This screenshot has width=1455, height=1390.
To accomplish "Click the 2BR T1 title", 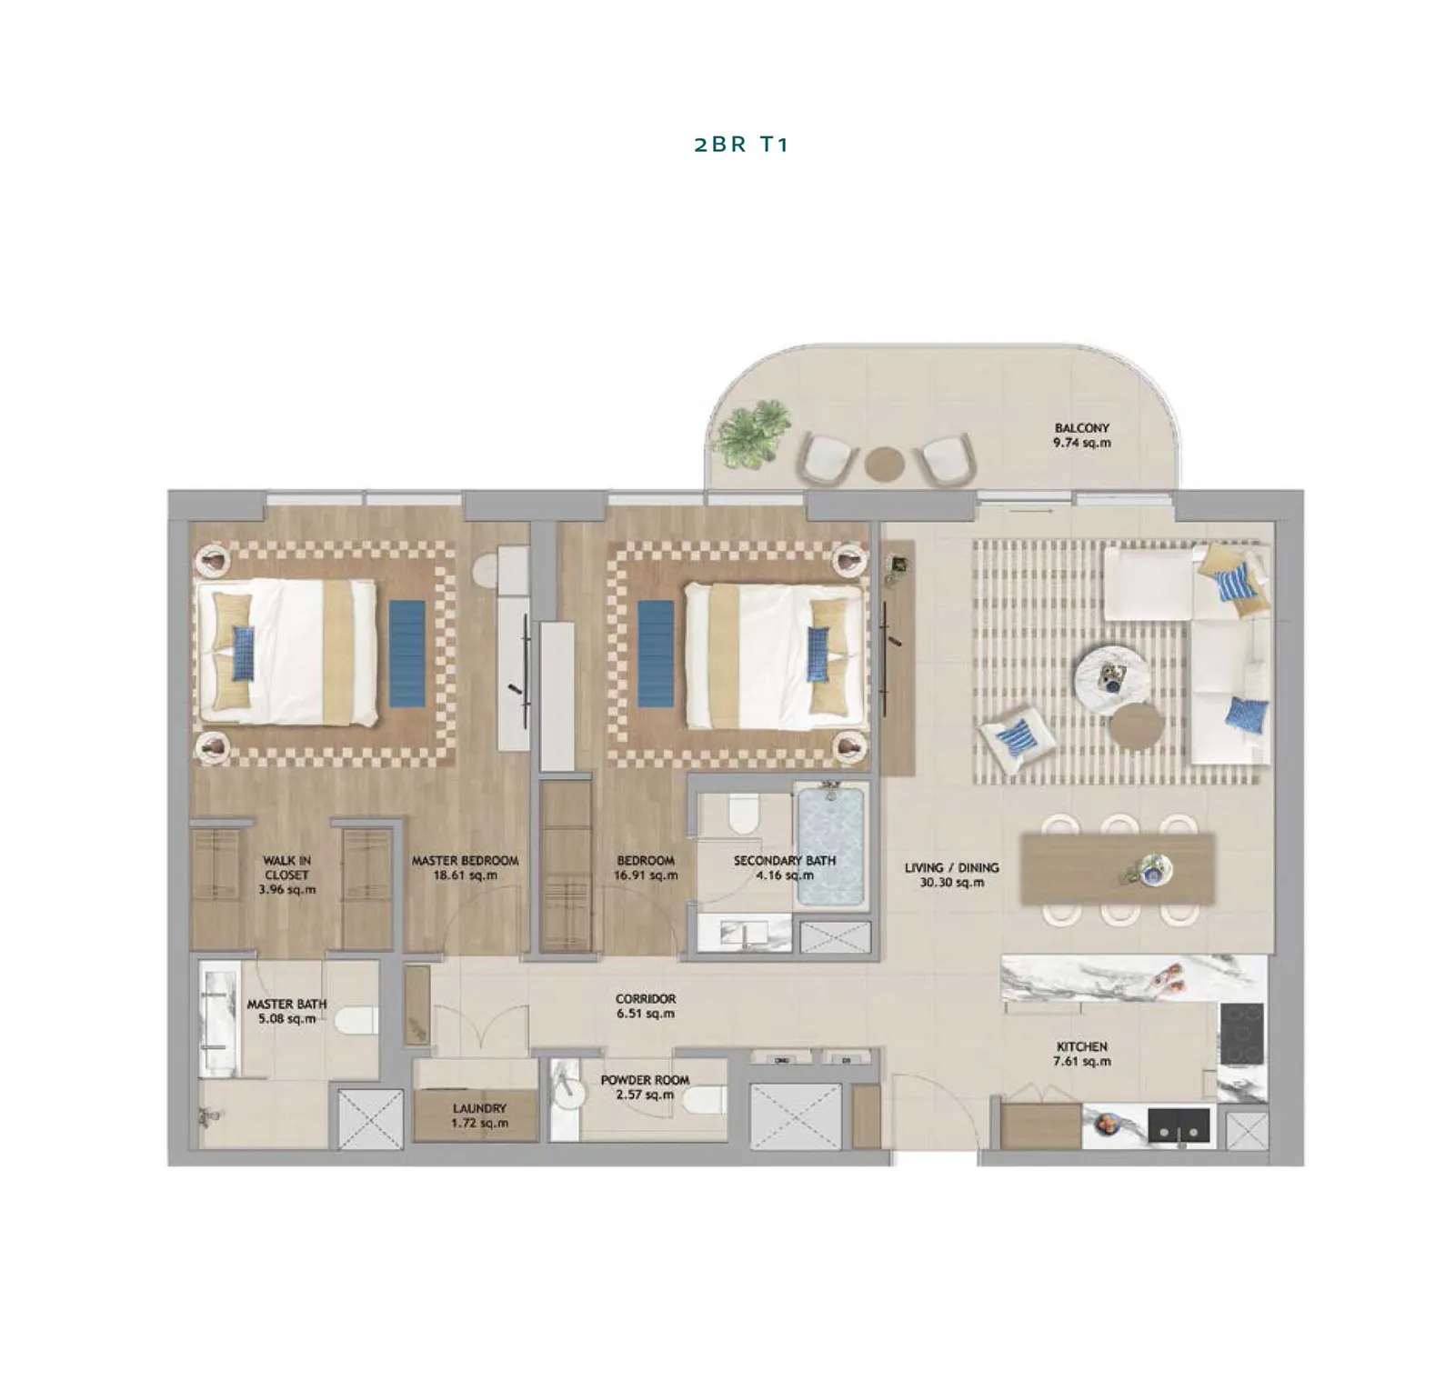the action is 741,145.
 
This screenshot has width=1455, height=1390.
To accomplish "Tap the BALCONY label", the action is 1082,427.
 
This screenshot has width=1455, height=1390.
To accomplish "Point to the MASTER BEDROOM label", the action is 465,860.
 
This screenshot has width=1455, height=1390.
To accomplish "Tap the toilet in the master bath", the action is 356,1020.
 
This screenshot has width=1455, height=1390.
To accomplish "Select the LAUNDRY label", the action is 479,1108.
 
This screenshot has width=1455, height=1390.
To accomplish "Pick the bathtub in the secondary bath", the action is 830,846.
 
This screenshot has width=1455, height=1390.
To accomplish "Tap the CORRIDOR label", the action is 646,998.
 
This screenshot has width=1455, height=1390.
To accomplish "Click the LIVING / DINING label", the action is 952,867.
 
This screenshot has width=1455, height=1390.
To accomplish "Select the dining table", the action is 1118,869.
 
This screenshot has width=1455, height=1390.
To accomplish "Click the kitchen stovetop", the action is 1241,1033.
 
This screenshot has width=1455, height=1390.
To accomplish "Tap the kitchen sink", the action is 1179,1125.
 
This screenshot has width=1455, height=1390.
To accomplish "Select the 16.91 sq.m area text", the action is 646,875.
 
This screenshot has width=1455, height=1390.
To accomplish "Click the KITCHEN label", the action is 1082,1046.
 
